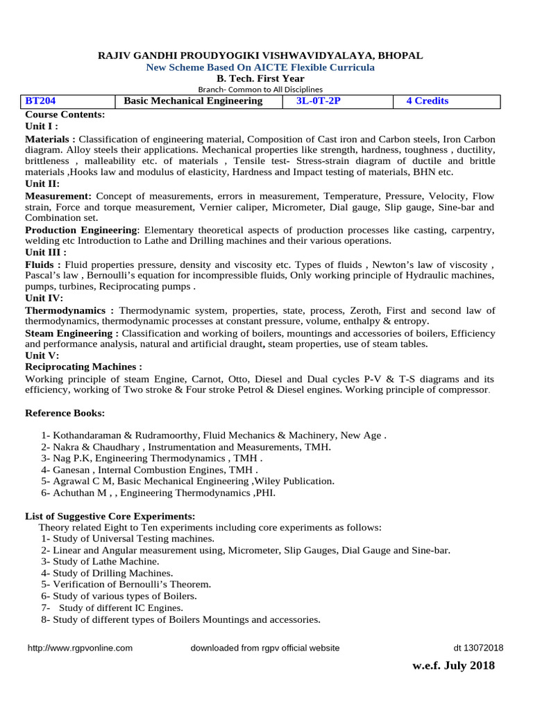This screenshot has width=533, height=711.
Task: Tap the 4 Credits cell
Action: [427, 101]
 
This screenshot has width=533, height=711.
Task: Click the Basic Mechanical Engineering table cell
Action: [193, 101]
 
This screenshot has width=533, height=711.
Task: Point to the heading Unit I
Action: [42, 126]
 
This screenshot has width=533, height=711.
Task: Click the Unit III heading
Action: [46, 252]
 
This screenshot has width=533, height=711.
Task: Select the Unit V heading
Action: [43, 355]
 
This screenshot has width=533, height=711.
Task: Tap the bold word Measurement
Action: [59, 196]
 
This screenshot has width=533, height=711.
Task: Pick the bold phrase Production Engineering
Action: [82, 230]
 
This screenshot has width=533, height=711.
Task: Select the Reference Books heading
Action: [65, 413]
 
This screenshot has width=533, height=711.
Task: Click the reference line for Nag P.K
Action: [151, 459]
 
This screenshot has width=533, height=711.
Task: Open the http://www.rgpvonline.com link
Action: [80, 648]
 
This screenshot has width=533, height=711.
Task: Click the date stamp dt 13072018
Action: [478, 648]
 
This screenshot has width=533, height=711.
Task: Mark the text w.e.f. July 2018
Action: [453, 666]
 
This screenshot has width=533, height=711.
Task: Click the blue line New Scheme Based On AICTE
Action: [260, 67]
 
